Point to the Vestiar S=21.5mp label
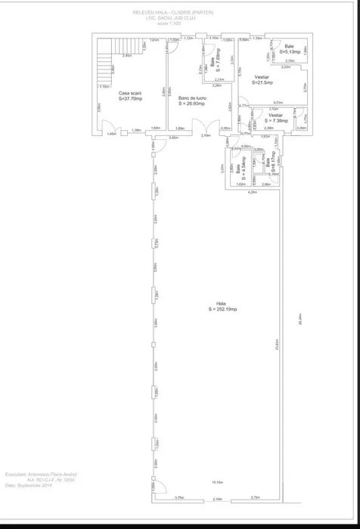point(262,79)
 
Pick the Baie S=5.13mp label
point(289,49)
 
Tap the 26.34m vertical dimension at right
point(300,320)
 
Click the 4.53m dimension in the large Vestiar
point(278,103)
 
